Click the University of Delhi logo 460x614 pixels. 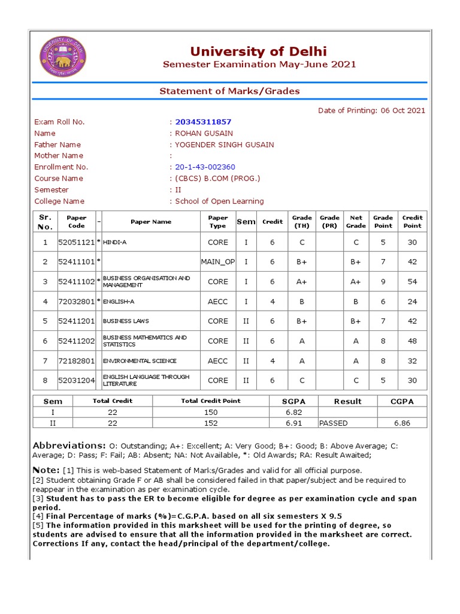pyautogui.click(x=63, y=57)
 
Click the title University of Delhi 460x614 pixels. pyautogui.click(x=259, y=51)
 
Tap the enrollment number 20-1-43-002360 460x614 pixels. pyautogui.click(x=205, y=167)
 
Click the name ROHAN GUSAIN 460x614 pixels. pyautogui.click(x=204, y=133)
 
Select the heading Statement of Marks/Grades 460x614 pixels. pyautogui.click(x=229, y=91)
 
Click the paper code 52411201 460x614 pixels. pyautogui.click(x=76, y=321)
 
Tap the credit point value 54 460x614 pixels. pyautogui.click(x=412, y=282)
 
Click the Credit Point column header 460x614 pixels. pyautogui.click(x=412, y=222)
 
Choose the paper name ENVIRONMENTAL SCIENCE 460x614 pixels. pyautogui.click(x=140, y=361)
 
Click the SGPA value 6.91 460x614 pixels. pyautogui.click(x=293, y=423)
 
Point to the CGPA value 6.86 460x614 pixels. pyautogui.click(x=402, y=423)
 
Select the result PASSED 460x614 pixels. pyautogui.click(x=334, y=423)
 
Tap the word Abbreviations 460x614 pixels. pyautogui.click(x=69, y=446)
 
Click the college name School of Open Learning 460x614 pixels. pyautogui.click(x=219, y=201)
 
